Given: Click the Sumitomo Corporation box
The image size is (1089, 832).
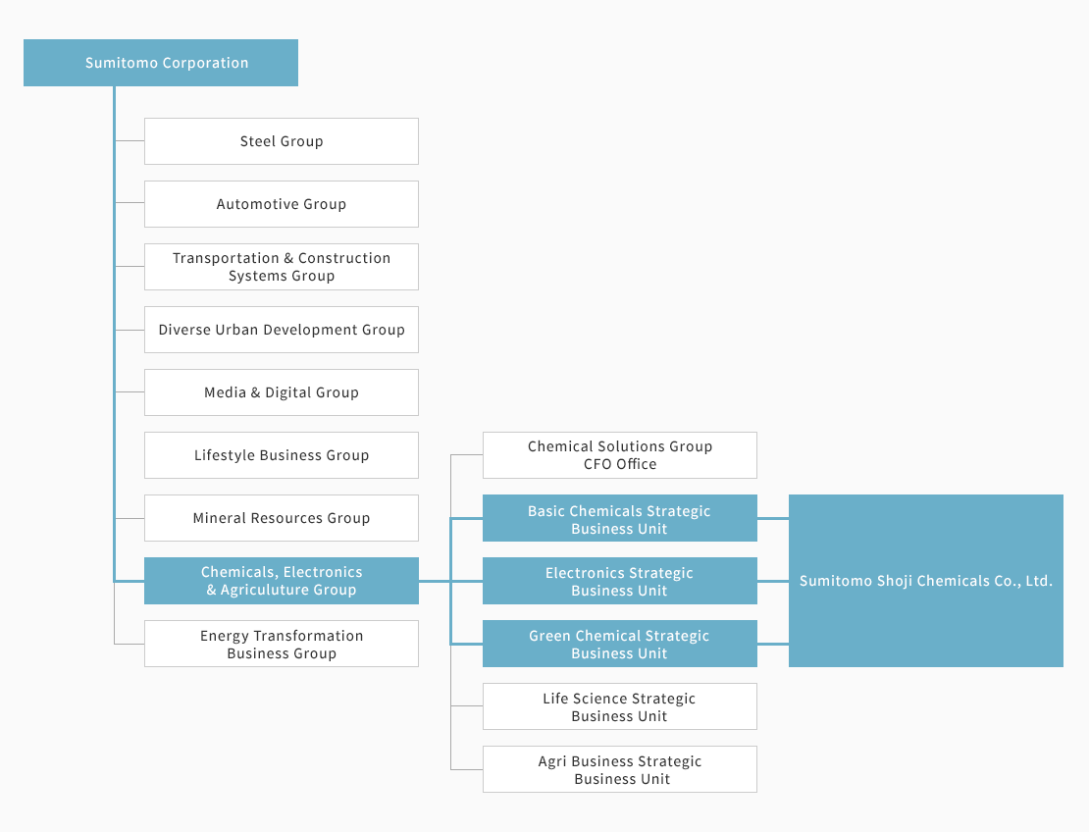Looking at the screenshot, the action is tap(161, 63).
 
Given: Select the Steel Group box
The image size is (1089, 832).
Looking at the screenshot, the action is tap(282, 141).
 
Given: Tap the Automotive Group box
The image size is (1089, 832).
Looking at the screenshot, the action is tap(282, 204).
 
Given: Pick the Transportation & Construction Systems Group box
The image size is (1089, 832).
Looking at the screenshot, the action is tap(282, 267).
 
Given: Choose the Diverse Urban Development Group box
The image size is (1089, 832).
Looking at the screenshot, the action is tap(282, 330).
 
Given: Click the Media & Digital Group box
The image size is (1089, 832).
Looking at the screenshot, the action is tap(282, 392).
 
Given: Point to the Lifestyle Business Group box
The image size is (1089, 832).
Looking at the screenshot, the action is tap(282, 455).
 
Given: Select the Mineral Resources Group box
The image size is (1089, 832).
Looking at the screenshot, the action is tap(282, 518).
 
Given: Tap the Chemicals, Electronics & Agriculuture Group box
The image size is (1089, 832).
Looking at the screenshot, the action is tap(282, 581).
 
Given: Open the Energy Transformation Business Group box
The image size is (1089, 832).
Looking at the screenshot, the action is tap(282, 644).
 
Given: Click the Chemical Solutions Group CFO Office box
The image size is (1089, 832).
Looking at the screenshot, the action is tap(619, 455).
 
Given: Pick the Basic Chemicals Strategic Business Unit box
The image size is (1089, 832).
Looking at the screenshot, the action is tap(619, 518).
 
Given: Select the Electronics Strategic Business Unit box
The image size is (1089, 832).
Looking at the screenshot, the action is tap(619, 581).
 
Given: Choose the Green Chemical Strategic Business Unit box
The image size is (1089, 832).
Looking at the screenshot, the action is tap(619, 644).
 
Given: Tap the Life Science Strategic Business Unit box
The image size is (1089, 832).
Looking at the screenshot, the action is tap(619, 706).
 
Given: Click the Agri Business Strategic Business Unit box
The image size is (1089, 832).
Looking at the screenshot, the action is tap(619, 769).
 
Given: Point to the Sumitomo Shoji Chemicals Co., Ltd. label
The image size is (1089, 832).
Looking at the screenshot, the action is tap(926, 581).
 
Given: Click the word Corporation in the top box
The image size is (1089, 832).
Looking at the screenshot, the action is tap(206, 63).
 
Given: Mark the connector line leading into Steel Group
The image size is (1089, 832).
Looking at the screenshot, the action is tap(130, 141).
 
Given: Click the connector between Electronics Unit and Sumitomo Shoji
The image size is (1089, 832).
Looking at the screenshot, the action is tap(773, 581).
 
